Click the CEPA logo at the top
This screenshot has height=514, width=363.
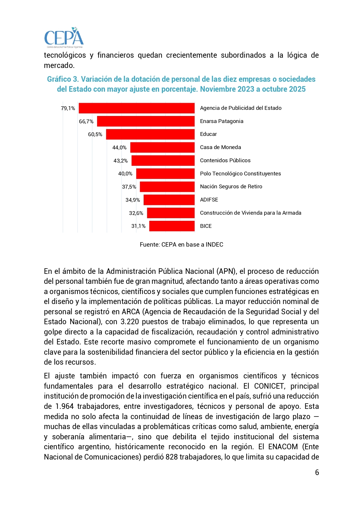pyautogui.click(x=64, y=38)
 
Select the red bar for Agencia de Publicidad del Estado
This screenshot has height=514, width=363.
pyautogui.click(x=137, y=108)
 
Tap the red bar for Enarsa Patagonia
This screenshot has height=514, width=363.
pyautogui.click(x=146, y=121)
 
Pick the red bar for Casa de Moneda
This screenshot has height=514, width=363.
pyautogui.click(x=162, y=147)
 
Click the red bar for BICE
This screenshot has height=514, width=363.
pyautogui.click(x=172, y=226)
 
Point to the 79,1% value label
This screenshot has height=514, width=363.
pyautogui.click(x=68, y=108)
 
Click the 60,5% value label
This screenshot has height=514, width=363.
pyautogui.click(x=95, y=134)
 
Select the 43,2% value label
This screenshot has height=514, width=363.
pyautogui.click(x=121, y=161)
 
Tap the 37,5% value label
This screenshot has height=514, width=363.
pyautogui.click(x=129, y=187)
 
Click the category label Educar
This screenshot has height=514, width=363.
pyautogui.click(x=208, y=134)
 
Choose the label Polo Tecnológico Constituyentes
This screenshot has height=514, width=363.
pyautogui.click(x=240, y=174)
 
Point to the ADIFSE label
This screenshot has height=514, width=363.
pyautogui.click(x=209, y=200)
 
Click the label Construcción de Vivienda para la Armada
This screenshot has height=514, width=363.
pyautogui.click(x=250, y=213)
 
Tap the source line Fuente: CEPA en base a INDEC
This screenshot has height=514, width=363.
pyautogui.click(x=181, y=245)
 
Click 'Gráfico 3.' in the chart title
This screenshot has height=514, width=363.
pyautogui.click(x=63, y=79)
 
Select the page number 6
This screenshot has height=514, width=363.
pyautogui.click(x=317, y=472)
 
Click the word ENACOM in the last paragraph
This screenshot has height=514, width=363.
pyautogui.click(x=283, y=447)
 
